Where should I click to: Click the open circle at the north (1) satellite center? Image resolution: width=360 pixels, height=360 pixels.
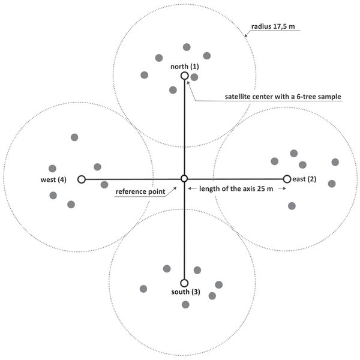coord(184,76)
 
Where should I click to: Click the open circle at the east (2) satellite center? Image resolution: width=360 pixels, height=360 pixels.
coord(287,179)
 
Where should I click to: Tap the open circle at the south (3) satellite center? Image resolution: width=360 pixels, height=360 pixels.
coord(184,283)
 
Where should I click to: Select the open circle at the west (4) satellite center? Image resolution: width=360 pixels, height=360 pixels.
coord(82,179)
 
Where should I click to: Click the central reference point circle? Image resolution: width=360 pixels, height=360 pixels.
coord(184,179)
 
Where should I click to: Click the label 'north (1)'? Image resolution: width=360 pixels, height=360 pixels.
coord(184,67)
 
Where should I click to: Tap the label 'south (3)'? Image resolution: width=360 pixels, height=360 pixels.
coord(184,292)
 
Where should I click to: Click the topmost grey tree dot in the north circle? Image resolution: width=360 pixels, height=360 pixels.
coord(187,47)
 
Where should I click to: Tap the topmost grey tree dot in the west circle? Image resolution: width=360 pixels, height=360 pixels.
coord(74,137)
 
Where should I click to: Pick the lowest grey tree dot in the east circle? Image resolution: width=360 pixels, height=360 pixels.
coord(292,206)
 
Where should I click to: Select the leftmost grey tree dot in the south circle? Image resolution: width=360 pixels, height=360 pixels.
coord(143,289)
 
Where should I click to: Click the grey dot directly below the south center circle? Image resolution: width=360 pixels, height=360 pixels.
coord(185,305)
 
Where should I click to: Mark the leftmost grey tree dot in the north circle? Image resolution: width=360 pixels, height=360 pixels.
coord(145,75)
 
